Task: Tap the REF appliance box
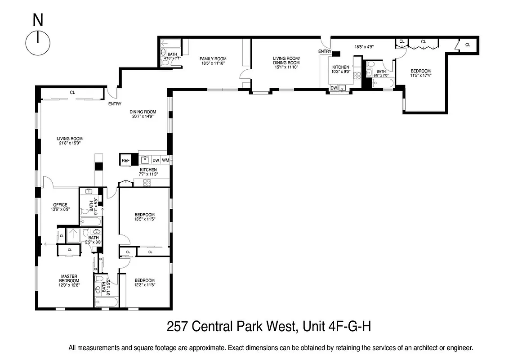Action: coord(125,160)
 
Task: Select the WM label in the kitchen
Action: coord(165,160)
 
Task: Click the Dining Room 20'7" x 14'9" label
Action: coord(143,114)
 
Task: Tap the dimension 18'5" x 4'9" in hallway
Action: coord(364,46)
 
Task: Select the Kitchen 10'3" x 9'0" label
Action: coord(340,69)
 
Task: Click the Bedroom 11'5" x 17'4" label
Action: coord(420,73)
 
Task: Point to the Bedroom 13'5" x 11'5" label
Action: coord(144,217)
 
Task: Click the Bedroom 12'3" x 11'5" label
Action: coord(144,282)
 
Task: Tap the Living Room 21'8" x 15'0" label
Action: coord(70,141)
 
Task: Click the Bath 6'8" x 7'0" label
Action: coord(381,73)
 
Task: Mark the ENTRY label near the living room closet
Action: coord(115,104)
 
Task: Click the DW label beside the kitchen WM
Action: coord(156,160)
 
